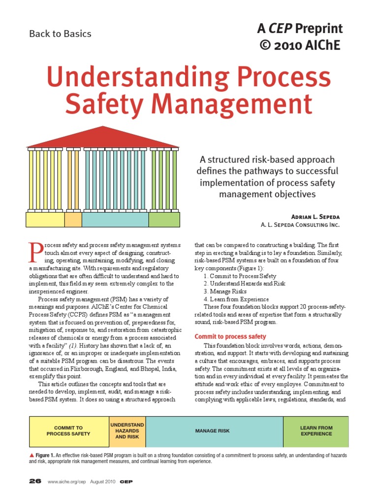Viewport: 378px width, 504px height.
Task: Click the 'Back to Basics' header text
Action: [60, 34]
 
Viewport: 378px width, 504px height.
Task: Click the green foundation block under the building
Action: [164, 220]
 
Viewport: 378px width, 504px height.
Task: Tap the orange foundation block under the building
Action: [73, 220]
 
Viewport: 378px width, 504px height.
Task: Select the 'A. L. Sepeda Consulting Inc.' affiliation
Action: [300, 225]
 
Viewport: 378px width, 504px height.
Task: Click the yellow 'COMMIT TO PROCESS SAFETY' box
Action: [69, 431]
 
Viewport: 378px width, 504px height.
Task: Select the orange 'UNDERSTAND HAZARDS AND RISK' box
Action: [127, 431]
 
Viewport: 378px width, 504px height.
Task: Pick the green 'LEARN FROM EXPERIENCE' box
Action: [316, 431]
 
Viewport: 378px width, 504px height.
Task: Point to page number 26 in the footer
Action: [35, 482]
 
